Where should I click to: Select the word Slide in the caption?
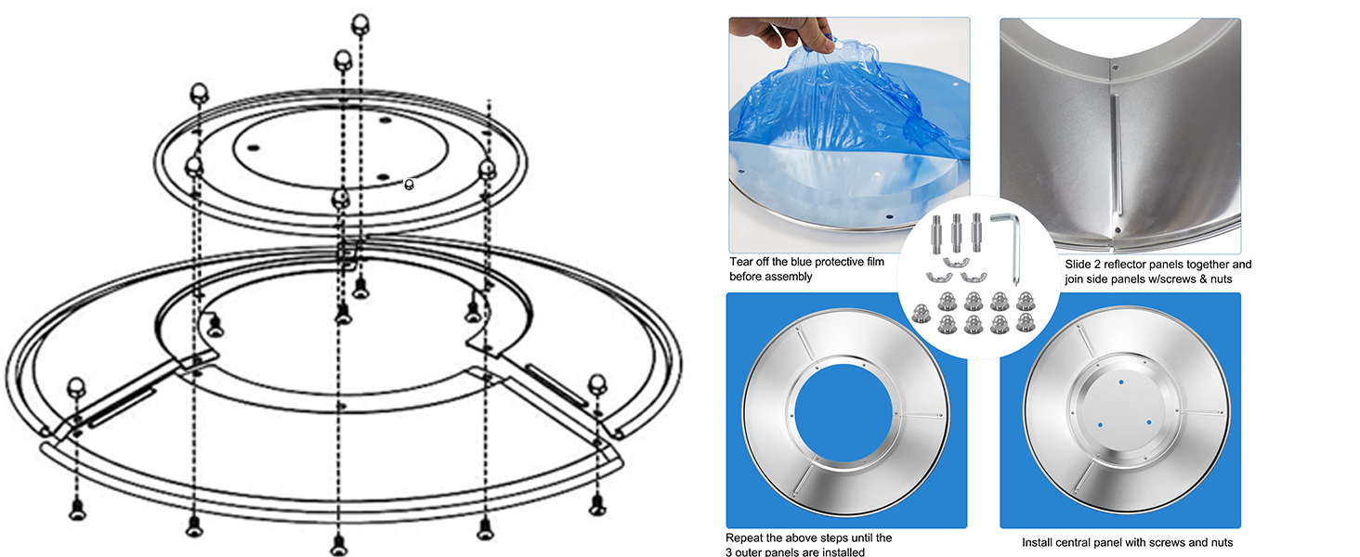(x=1080, y=265)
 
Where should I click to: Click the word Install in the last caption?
(x=1040, y=542)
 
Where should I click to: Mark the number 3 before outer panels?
(x=729, y=552)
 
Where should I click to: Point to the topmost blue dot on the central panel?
(x=1121, y=382)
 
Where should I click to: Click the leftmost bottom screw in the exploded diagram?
(x=76, y=508)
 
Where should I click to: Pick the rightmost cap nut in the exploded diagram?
(x=597, y=382)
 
